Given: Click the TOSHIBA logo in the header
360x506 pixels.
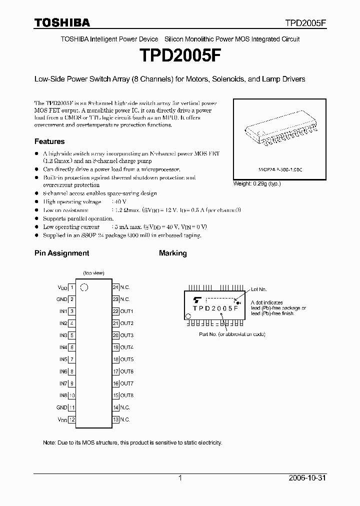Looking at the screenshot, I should pos(62,22).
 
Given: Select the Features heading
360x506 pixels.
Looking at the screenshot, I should pos(49,141).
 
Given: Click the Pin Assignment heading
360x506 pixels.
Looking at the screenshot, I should pos(61,253).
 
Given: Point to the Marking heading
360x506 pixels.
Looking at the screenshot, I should pos(172,253).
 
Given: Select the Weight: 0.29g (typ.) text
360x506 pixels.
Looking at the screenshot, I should pos(257,184).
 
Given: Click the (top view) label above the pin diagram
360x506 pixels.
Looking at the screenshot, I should pos(93,273).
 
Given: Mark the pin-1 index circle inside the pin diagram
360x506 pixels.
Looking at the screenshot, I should pos(84,287).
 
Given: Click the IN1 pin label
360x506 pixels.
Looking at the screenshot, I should pos(63,311).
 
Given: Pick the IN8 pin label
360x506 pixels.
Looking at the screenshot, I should pos(63,395).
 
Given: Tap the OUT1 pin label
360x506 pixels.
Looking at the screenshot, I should pos(126,311).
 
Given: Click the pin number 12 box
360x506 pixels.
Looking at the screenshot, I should pos(72,419).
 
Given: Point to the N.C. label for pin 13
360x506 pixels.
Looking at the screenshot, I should pos(124,419).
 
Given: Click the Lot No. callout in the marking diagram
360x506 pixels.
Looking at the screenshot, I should pos(259,289).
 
